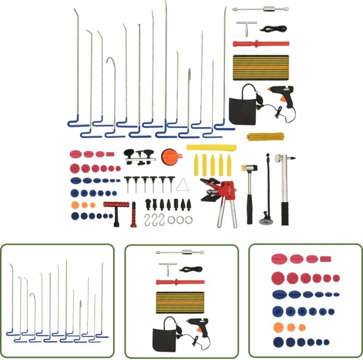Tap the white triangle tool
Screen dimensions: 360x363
[183, 185]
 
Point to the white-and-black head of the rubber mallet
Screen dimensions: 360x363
[249, 168]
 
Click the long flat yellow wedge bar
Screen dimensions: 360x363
[211, 147]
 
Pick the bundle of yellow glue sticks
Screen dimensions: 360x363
[265, 136]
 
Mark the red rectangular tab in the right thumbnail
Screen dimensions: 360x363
[325, 259]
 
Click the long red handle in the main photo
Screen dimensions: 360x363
[261, 44]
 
